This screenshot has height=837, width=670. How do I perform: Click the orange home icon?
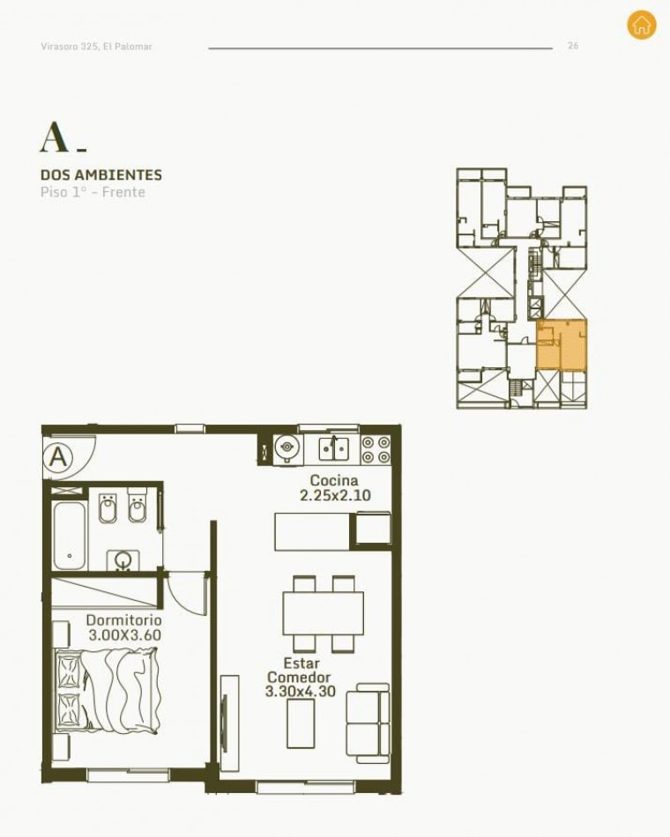(641, 25)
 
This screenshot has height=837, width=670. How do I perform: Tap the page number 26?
(573, 46)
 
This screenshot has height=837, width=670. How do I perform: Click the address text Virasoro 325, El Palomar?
(96, 47)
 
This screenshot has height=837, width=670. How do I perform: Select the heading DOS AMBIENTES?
(101, 174)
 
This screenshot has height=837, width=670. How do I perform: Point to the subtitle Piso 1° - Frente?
(93, 192)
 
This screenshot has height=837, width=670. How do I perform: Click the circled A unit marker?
(59, 457)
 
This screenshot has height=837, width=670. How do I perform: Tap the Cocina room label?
(334, 480)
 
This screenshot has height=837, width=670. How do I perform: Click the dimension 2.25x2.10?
(335, 495)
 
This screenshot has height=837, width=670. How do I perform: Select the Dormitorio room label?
(124, 619)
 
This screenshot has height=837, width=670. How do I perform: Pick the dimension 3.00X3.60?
(124, 635)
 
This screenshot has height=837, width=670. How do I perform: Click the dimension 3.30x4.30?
(301, 692)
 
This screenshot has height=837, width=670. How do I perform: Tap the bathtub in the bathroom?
(69, 536)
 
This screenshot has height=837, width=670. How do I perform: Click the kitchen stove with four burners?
(376, 449)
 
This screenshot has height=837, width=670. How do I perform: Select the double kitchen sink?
(334, 449)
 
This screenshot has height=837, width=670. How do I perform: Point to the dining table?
(324, 613)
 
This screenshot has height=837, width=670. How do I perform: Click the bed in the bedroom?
(107, 693)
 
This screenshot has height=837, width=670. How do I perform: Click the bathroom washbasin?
(123, 560)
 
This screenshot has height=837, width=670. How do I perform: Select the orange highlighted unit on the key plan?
(562, 344)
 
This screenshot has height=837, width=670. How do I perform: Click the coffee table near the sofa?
(301, 723)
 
